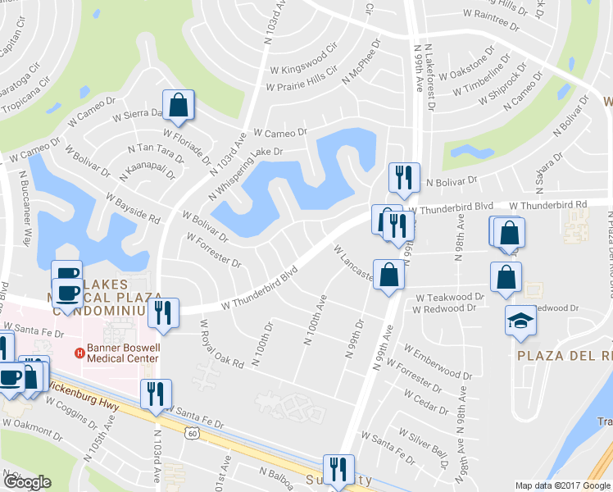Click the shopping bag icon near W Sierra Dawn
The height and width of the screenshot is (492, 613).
(x=178, y=105)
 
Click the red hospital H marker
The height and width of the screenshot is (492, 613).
(x=79, y=353)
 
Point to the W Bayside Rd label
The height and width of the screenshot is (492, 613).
(x=133, y=208)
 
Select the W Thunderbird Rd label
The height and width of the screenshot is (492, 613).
(x=548, y=205)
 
